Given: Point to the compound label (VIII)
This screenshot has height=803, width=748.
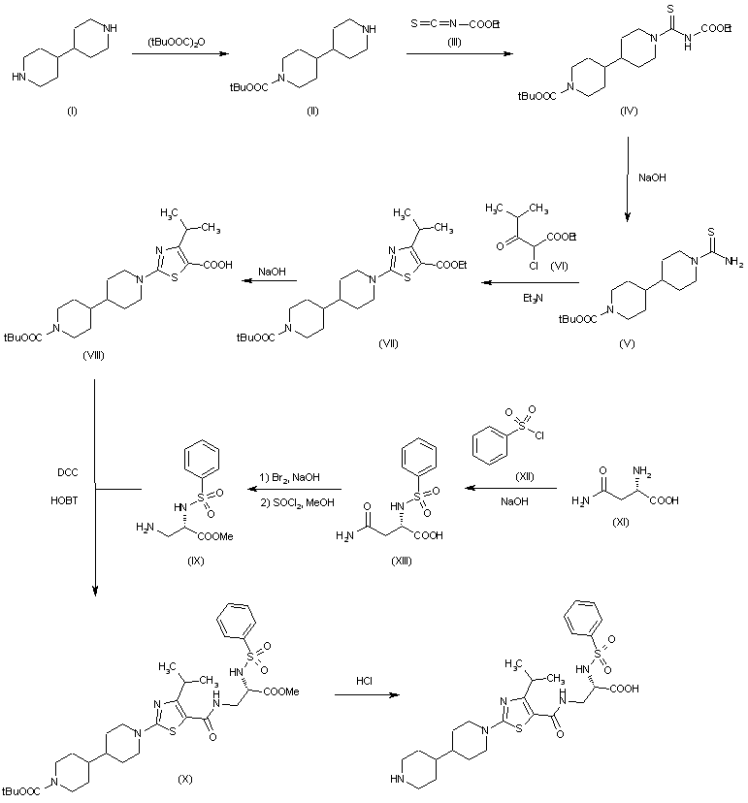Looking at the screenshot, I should coord(94,356).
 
